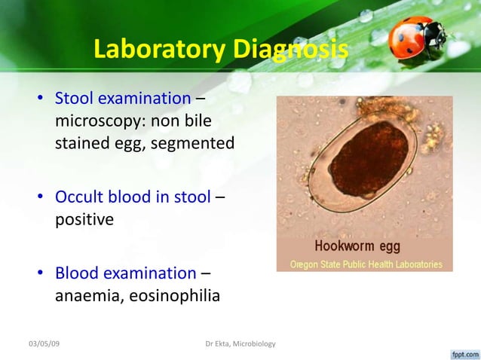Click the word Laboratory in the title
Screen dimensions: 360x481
[x=158, y=50]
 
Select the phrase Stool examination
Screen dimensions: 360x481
[x=122, y=98]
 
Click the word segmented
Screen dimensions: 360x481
[x=195, y=142]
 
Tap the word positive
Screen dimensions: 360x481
[x=84, y=220]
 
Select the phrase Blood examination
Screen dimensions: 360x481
[x=125, y=273]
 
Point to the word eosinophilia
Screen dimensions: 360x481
[x=173, y=295]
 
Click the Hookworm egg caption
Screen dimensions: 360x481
[x=357, y=246]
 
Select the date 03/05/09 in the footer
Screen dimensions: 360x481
[x=44, y=344]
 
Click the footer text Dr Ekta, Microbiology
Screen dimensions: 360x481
[x=240, y=344]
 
